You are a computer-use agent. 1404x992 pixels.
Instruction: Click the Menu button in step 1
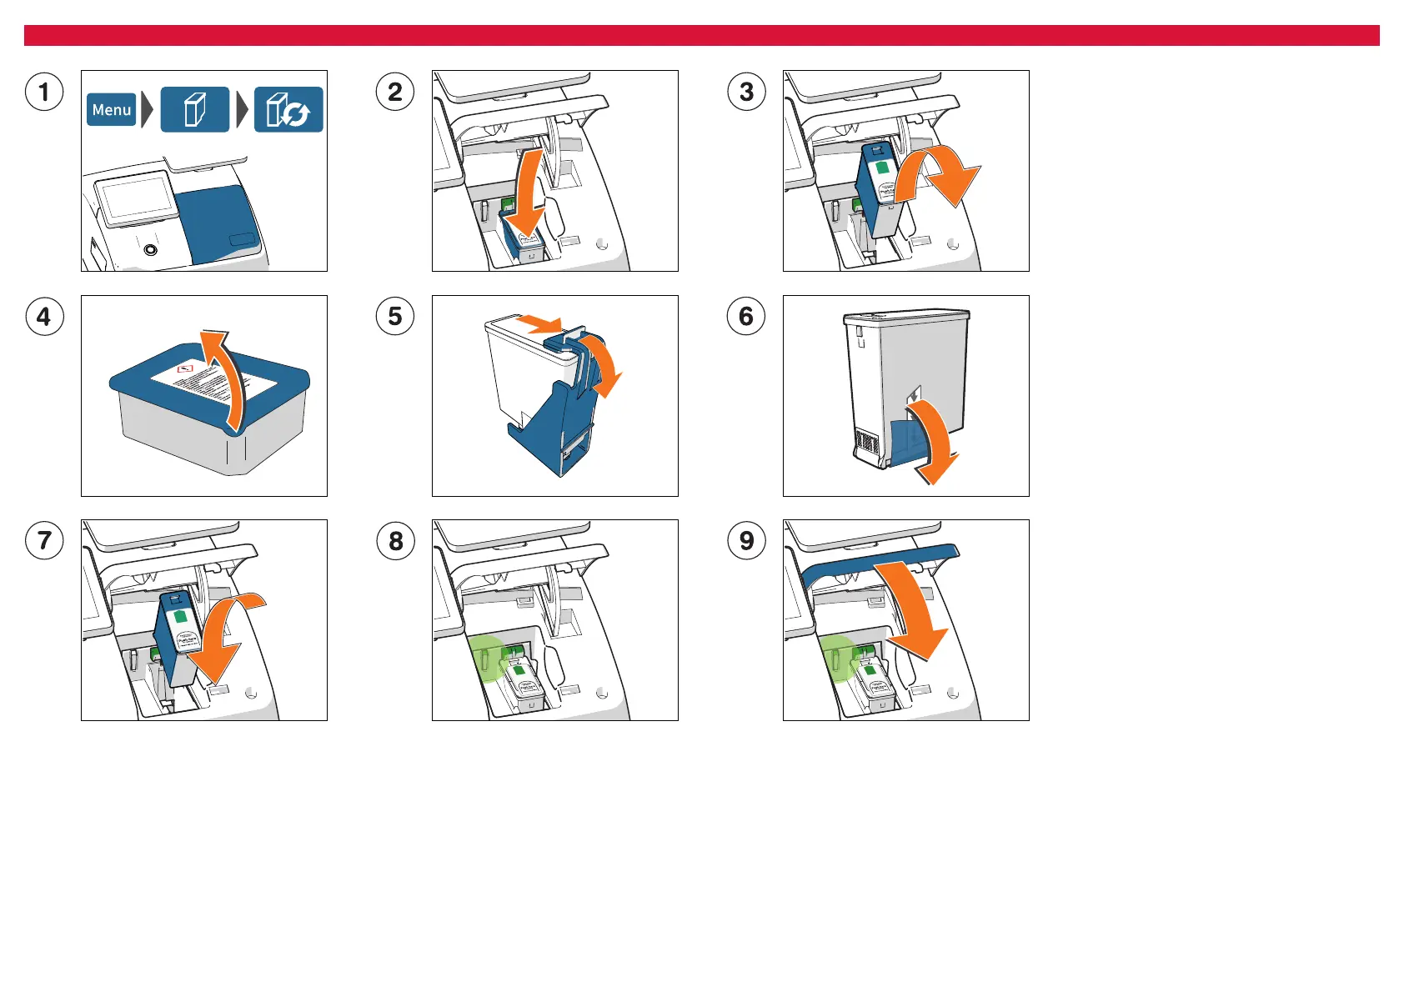click(x=112, y=110)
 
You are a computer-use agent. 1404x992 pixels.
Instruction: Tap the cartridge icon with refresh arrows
click(x=288, y=110)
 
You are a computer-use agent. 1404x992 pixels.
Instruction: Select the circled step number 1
click(x=44, y=92)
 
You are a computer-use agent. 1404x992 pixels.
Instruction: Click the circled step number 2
click(x=395, y=92)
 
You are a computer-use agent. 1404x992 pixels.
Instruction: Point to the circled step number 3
click(x=746, y=92)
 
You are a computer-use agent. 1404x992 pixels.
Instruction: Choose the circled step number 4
click(x=44, y=317)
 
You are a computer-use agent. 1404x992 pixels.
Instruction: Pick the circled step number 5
click(x=395, y=317)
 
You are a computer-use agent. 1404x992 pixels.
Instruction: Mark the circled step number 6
click(x=746, y=317)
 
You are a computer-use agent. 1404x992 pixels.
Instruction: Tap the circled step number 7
click(x=44, y=541)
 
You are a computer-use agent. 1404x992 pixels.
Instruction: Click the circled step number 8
click(x=395, y=541)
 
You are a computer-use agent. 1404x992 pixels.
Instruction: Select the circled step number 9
click(x=746, y=541)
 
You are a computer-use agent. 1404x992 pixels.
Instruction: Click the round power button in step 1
click(x=150, y=249)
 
